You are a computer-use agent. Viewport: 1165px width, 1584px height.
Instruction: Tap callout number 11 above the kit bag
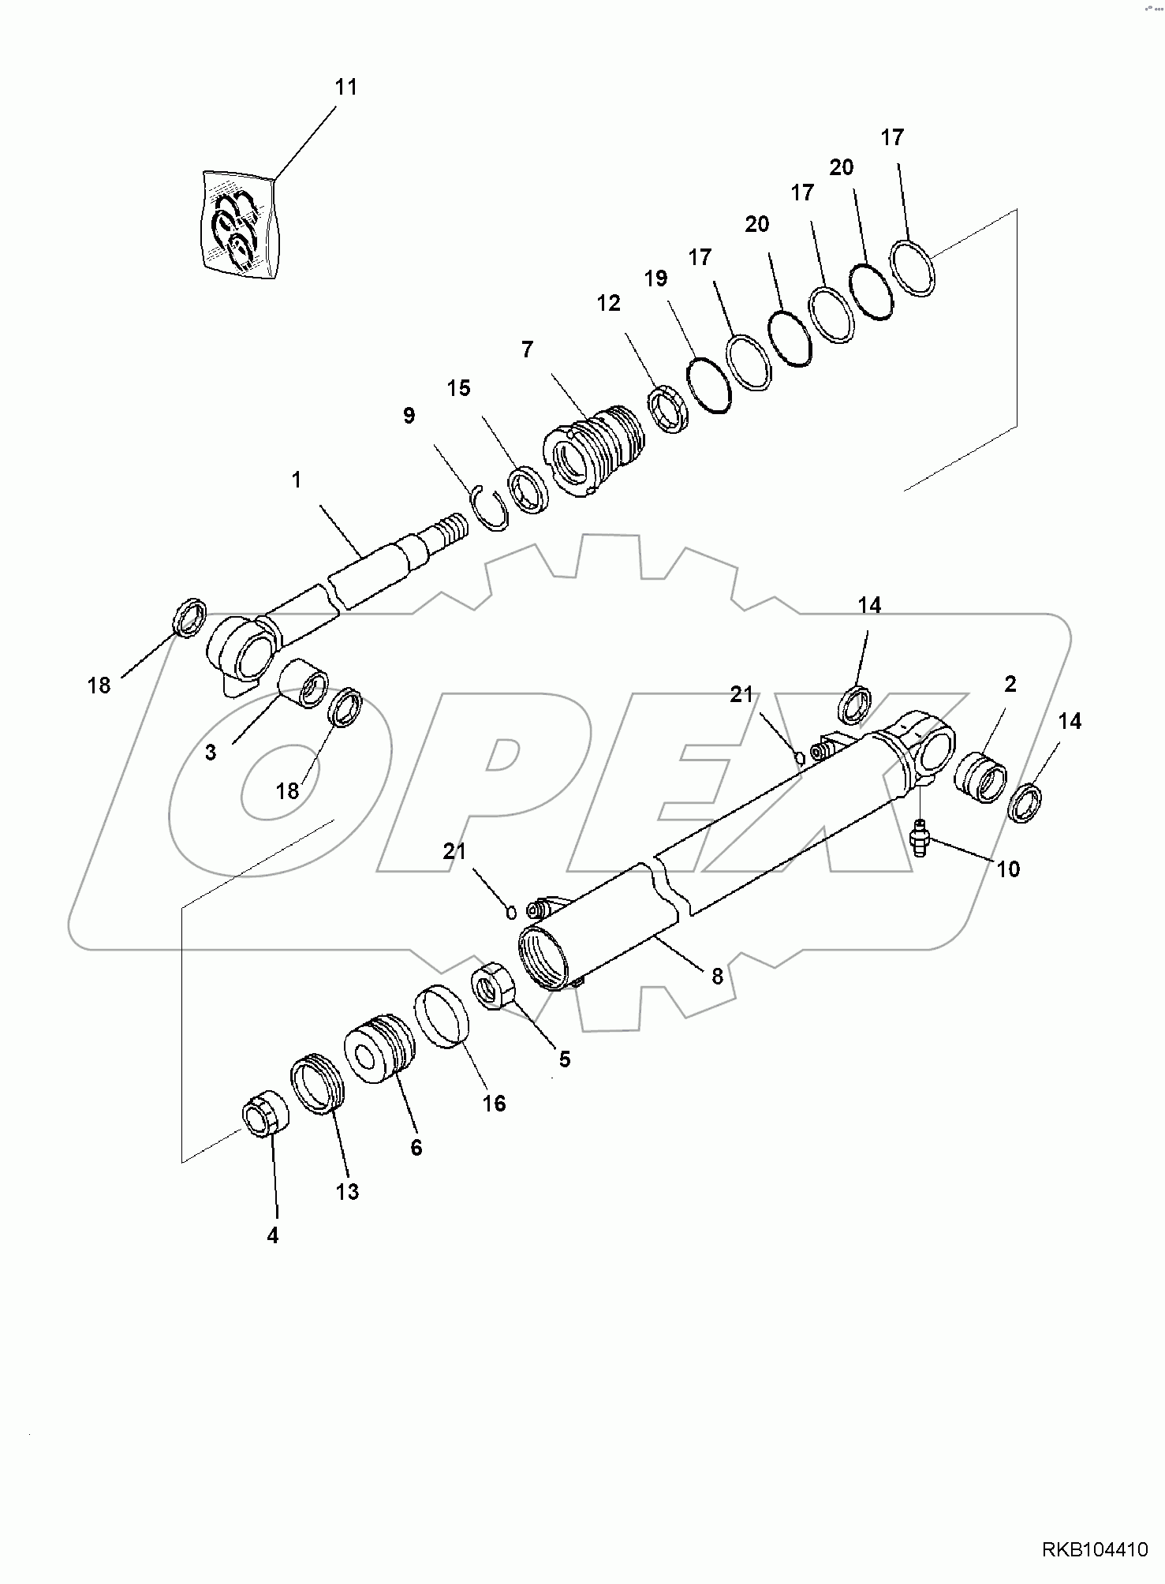(x=346, y=87)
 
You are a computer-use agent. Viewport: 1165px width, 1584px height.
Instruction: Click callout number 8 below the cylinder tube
(x=717, y=976)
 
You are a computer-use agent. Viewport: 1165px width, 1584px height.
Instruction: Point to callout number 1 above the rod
(x=297, y=480)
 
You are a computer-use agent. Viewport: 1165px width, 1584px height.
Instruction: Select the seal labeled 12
(x=670, y=410)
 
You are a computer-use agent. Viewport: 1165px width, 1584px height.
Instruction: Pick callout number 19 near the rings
(x=655, y=278)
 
